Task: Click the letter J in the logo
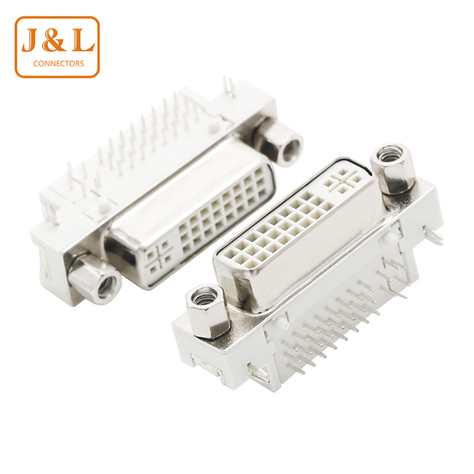click(x=30, y=40)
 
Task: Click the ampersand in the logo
click(x=53, y=40)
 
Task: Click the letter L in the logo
click(x=81, y=40)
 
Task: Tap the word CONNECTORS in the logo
click(x=58, y=64)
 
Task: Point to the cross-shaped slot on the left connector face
click(x=159, y=256)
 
